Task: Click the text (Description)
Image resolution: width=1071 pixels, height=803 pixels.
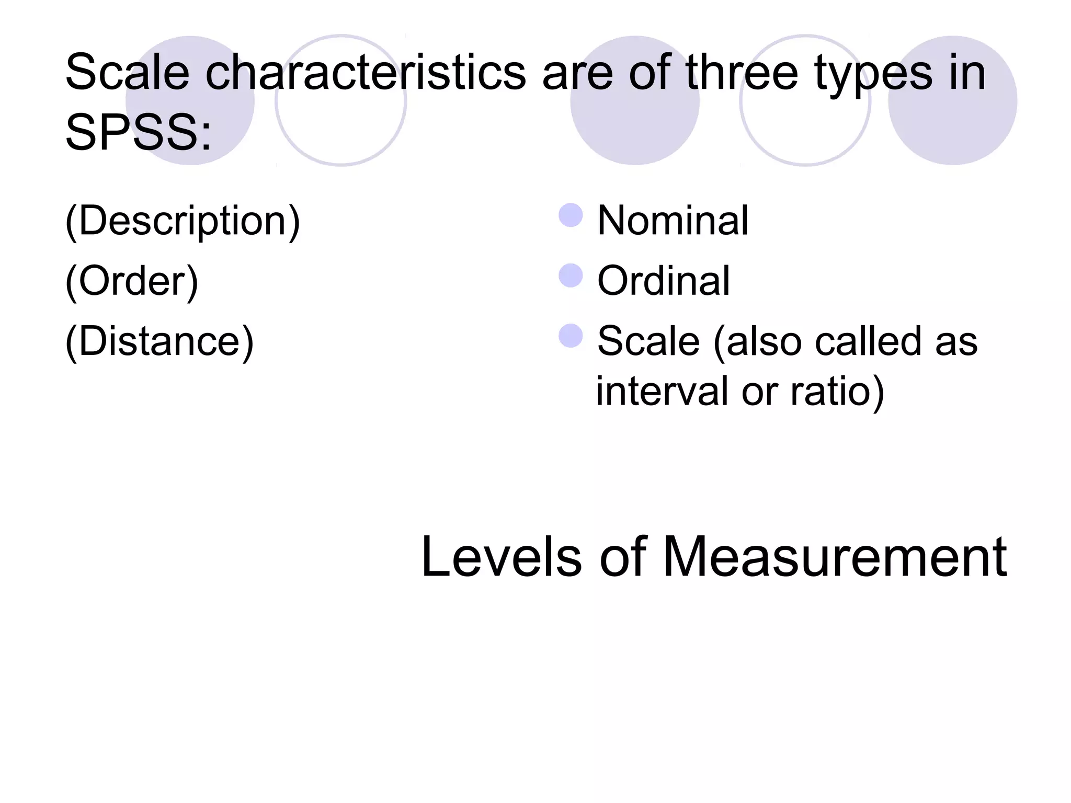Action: [183, 222]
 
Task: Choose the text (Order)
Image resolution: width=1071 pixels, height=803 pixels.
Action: [132, 282]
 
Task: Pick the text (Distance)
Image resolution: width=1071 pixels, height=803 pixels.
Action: [159, 342]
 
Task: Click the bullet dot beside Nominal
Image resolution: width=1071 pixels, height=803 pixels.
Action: [571, 215]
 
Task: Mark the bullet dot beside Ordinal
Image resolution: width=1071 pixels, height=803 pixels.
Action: [571, 276]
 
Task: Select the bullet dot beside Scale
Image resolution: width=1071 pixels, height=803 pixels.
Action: [571, 336]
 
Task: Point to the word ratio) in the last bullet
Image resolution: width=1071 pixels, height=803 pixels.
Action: [837, 392]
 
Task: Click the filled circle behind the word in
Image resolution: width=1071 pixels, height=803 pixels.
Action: [953, 131]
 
